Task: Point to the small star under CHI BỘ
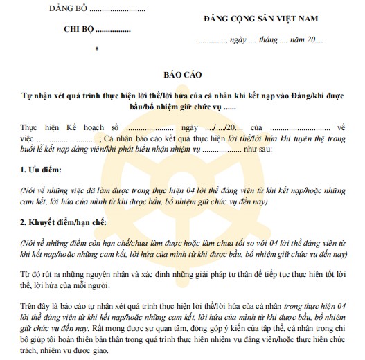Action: click(97, 48)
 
